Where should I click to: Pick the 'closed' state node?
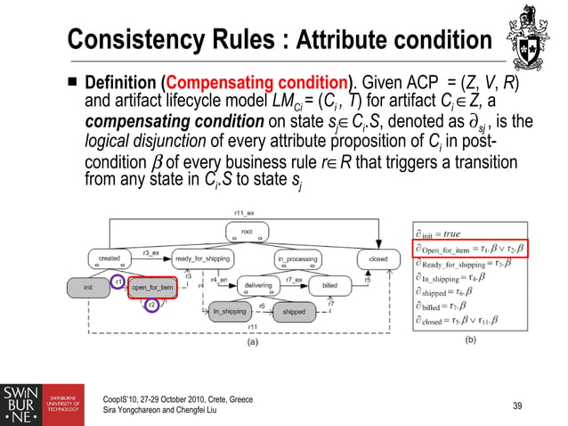377,258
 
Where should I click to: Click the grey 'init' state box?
87,287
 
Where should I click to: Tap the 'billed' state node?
329,287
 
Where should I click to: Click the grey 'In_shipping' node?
230,312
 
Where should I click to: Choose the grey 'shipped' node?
293,312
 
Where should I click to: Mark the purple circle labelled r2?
151,305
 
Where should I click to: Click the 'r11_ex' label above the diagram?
244,214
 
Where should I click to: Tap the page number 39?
517,406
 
